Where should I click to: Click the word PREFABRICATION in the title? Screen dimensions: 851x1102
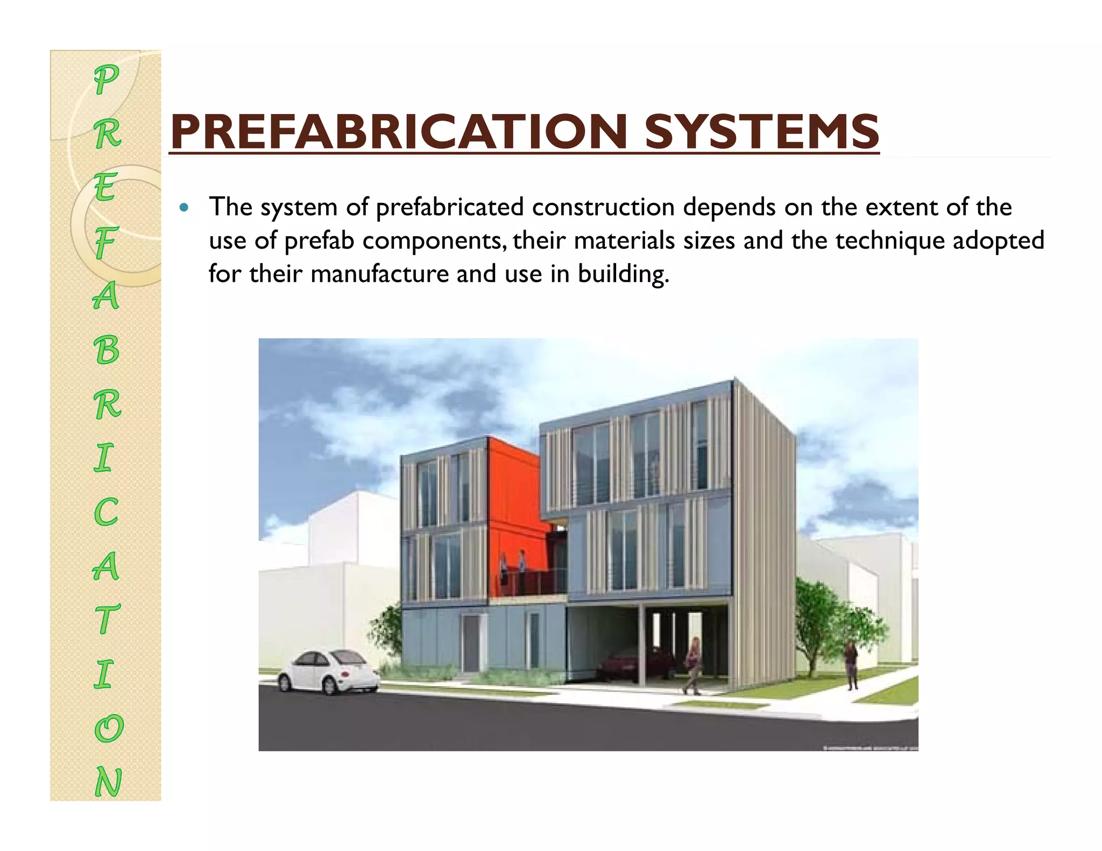[398, 132]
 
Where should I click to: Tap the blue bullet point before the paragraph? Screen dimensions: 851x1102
[185, 207]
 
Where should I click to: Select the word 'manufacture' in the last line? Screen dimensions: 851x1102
[379, 274]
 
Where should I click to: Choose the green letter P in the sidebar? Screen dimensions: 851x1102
[106, 80]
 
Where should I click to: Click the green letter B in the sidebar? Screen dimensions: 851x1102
[107, 350]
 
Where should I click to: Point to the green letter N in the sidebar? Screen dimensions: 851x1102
[108, 782]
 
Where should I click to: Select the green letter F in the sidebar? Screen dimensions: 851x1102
[106, 242]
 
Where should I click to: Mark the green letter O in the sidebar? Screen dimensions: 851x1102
[108, 728]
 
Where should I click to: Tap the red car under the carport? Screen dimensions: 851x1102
[635, 663]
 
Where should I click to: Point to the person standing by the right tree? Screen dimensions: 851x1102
[851, 664]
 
